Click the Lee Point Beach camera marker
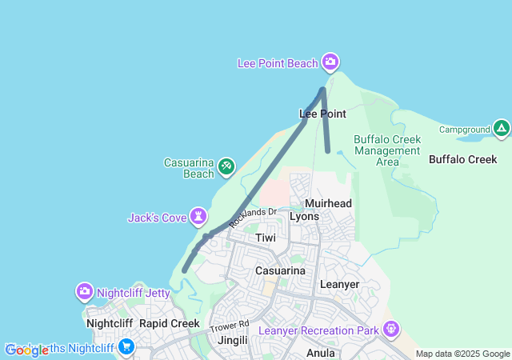pos(330,62)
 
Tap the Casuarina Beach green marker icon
pos(226,166)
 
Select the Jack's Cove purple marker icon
pos(198,216)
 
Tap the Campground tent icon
pos(501,128)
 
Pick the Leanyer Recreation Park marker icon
pos(391,328)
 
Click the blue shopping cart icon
pos(126,346)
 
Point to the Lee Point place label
pos(322,114)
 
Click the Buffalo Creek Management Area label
pos(387,150)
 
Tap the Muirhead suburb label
pos(328,204)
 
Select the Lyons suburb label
pos(304,217)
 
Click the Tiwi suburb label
pos(266,238)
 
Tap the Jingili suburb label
pos(234,340)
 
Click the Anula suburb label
pos(320,352)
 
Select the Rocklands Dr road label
pos(251,218)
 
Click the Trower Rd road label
pos(230,326)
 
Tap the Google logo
pos(27,350)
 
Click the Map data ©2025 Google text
pos(462,354)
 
